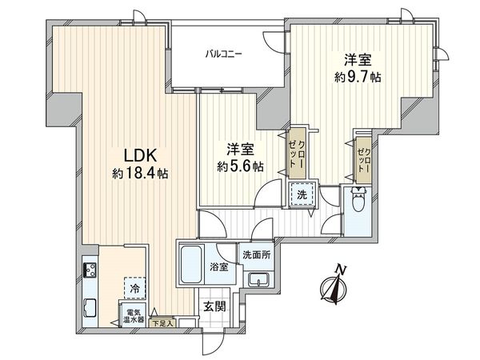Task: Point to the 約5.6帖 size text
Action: [x=241, y=167]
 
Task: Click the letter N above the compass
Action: [x=340, y=269]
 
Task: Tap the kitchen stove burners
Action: [x=88, y=270]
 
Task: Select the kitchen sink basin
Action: [x=88, y=307]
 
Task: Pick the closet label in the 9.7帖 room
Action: [x=363, y=158]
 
